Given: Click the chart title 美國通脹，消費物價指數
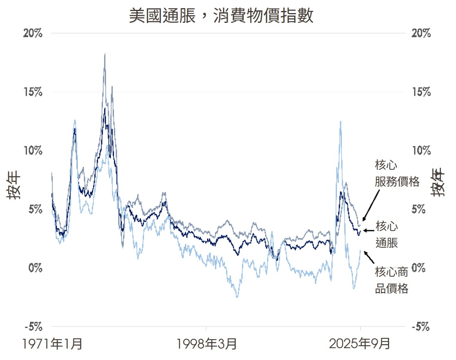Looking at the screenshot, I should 221,16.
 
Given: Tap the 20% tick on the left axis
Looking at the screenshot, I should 33,33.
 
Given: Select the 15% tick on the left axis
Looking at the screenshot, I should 33,92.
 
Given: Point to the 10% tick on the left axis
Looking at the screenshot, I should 33,151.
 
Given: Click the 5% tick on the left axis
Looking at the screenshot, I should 35,209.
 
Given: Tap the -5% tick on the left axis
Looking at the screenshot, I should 33,327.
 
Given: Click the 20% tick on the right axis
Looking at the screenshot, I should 421,33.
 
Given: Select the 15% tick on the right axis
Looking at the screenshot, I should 421,92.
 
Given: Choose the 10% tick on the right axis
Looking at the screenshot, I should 421,151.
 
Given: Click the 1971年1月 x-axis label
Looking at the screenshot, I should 53,344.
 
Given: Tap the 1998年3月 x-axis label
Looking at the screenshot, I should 207,344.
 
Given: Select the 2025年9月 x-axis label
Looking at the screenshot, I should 360,344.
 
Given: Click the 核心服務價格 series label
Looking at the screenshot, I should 397,173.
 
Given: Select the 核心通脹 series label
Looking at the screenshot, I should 387,234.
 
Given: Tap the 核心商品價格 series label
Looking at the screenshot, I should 391,280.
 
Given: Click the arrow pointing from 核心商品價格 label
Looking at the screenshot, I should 369,258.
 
